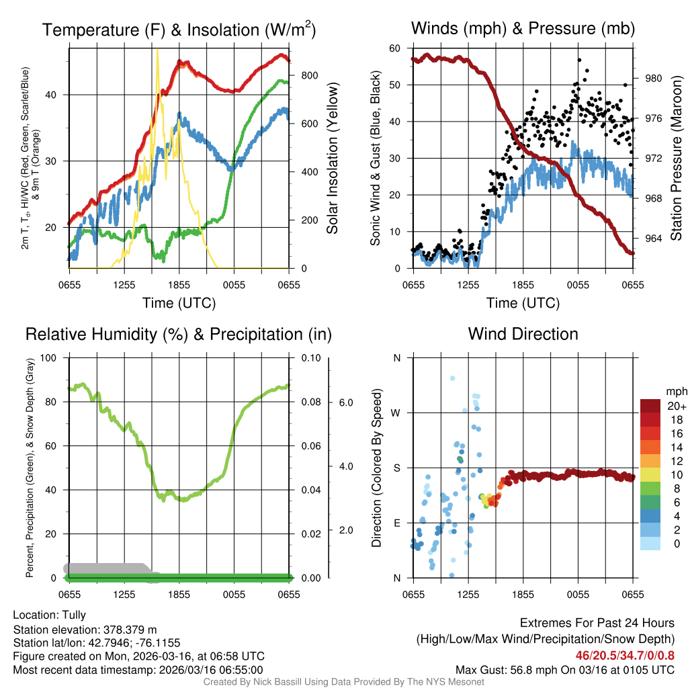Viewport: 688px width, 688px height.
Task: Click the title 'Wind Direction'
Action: point(523,334)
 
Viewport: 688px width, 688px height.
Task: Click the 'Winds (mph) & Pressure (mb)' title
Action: point(523,28)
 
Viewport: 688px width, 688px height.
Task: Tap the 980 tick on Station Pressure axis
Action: point(654,78)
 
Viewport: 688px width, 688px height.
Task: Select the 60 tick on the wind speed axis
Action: point(395,48)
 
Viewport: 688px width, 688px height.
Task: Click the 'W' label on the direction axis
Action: point(396,413)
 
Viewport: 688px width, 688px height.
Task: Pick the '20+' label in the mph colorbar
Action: point(676,406)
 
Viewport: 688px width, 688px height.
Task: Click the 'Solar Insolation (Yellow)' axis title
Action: point(332,159)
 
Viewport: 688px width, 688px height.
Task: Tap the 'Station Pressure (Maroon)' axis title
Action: point(677,159)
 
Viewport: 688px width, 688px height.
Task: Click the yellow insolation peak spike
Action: point(157,51)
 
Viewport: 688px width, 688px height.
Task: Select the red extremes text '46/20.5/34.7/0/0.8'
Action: point(625,654)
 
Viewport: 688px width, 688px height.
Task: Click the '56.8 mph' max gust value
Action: point(534,669)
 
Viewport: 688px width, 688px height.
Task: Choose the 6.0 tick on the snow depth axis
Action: point(345,402)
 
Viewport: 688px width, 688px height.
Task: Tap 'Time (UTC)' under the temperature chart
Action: point(179,303)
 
